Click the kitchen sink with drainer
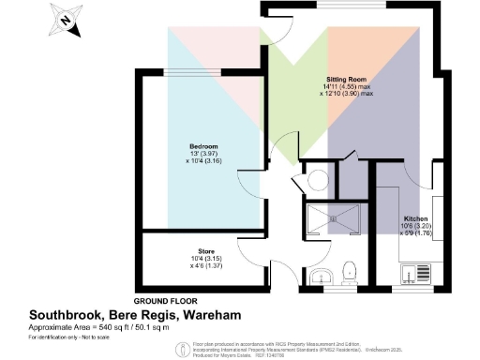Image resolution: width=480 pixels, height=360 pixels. [x=411, y=274]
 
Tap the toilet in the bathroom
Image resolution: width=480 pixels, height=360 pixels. [x=351, y=272]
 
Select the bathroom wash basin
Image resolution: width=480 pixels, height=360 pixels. [x=322, y=276]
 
